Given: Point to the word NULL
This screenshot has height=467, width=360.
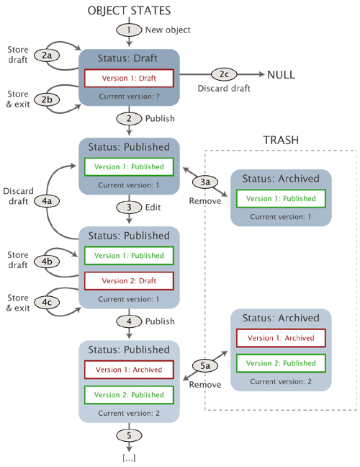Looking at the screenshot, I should (x=281, y=75).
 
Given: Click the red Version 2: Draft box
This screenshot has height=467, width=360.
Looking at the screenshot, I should (x=129, y=280).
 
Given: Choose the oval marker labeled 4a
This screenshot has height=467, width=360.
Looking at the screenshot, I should (x=46, y=201).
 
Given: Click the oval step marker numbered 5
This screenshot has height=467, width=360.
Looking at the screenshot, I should (x=129, y=436).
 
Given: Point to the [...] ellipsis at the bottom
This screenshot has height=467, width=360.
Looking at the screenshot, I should (x=129, y=458).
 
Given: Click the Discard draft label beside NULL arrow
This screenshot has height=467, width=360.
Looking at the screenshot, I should (x=224, y=89).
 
